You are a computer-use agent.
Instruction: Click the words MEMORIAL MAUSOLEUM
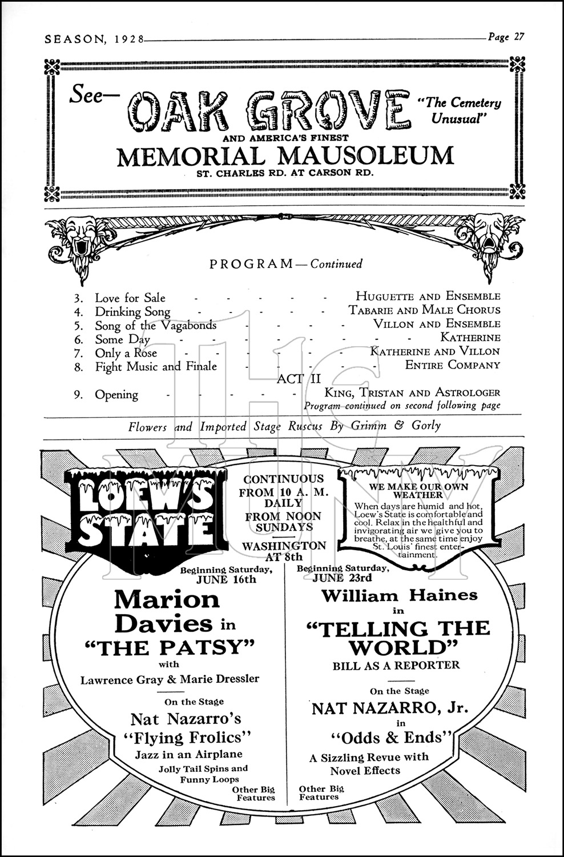[x=285, y=155]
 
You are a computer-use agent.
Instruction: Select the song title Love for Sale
[x=130, y=298]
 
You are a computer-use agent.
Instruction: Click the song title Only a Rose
[x=126, y=353]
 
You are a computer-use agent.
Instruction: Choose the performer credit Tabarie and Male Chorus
[x=425, y=310]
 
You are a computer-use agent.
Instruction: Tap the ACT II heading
[x=299, y=379]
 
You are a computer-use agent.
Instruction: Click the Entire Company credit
[x=453, y=365]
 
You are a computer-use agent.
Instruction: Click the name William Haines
[x=399, y=595]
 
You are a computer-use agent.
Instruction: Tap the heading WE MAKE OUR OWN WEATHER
[x=418, y=491]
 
